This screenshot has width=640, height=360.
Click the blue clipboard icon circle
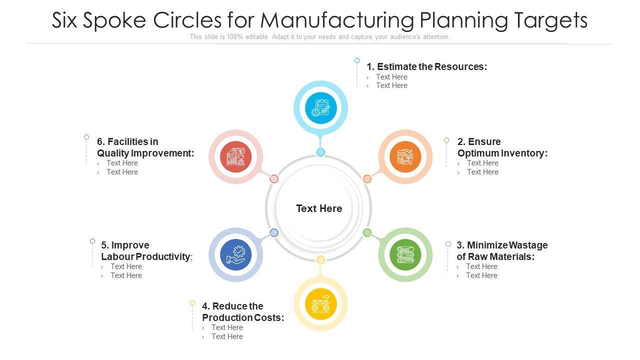pyautogui.click(x=320, y=107)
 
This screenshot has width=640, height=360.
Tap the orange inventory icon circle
pyautogui.click(x=405, y=156)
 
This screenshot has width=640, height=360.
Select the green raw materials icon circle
pyautogui.click(x=405, y=254)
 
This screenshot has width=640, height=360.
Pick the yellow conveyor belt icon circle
pyautogui.click(x=320, y=304)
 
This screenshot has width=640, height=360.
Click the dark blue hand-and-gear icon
pyautogui.click(x=235, y=254)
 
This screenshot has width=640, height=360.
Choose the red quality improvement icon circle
pyautogui.click(x=236, y=156)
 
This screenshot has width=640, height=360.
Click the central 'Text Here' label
pyautogui.click(x=319, y=208)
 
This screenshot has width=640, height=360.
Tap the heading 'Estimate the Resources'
pyautogui.click(x=426, y=66)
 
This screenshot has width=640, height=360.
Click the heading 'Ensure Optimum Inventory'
pyautogui.click(x=502, y=147)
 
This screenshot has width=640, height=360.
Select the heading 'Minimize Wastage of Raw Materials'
pyautogui.click(x=501, y=251)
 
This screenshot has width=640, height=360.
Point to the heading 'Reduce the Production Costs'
pyautogui.click(x=243, y=312)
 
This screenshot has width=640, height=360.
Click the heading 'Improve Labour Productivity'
pyautogui.click(x=146, y=251)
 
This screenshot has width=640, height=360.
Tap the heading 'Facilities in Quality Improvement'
pyautogui.click(x=145, y=147)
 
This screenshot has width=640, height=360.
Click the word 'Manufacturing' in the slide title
pyautogui.click(x=337, y=20)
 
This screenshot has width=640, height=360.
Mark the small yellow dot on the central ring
pyautogui.click(x=321, y=259)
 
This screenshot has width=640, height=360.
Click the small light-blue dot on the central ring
pyautogui.click(x=321, y=152)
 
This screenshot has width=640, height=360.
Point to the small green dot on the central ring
pyautogui.click(x=367, y=232)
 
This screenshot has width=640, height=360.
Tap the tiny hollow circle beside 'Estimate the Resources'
pyautogui.click(x=357, y=60)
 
